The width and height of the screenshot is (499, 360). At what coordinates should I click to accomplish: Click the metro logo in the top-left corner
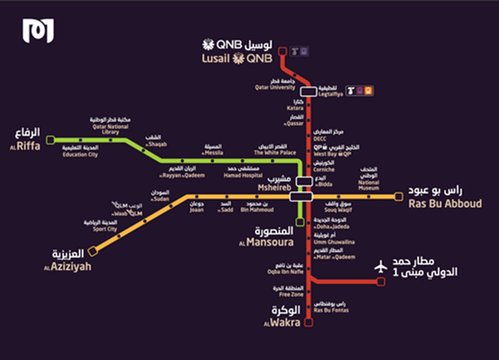38,31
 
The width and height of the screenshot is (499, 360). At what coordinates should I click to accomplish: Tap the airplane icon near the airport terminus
381,267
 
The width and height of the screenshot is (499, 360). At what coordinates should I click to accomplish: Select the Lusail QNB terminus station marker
282,50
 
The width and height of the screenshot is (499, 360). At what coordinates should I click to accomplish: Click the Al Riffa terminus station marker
50,140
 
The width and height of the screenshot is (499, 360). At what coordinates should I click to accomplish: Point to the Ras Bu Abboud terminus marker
398,197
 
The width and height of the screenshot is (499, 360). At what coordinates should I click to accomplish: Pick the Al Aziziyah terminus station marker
92,252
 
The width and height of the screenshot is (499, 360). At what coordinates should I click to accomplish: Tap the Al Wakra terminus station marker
309,323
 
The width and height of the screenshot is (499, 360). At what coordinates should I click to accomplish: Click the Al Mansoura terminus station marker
300,221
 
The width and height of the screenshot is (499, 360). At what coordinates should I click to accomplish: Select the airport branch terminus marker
381,282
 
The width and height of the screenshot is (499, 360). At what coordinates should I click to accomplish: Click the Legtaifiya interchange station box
308,91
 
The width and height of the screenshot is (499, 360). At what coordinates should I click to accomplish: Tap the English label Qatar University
275,87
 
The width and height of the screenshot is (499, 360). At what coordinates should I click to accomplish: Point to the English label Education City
80,155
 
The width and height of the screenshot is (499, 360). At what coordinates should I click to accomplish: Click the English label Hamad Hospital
244,176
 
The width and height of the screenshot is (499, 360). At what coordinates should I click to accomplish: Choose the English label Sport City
105,229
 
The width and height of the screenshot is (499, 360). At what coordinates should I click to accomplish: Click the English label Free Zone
291,295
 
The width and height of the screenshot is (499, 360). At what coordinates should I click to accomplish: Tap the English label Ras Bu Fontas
331,310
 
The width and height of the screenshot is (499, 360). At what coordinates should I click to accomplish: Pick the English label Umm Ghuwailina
334,242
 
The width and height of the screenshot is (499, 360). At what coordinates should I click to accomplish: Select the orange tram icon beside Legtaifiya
368,91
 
